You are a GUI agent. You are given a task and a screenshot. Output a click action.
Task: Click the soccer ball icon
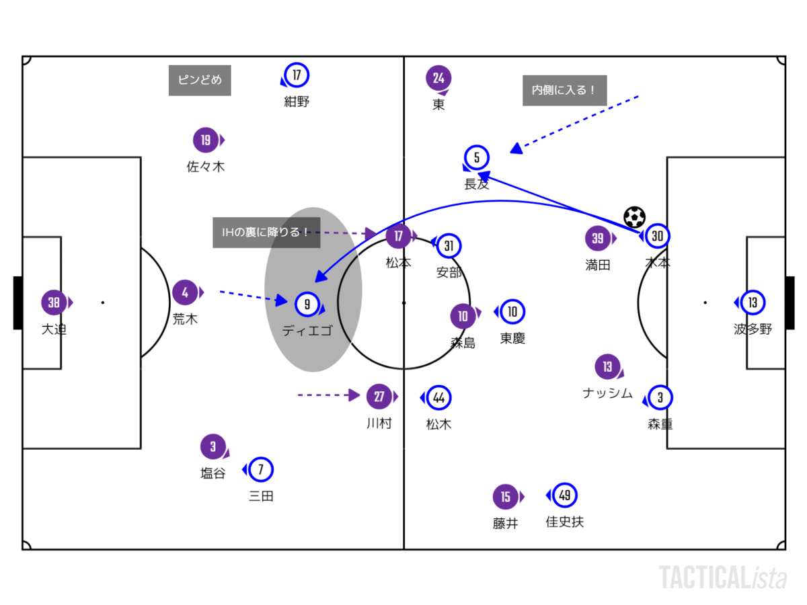click(634, 216)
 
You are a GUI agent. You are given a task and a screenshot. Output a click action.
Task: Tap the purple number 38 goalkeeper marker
click(54, 302)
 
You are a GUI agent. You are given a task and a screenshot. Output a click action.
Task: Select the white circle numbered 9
click(307, 304)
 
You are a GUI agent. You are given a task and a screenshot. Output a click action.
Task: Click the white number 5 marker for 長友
click(477, 158)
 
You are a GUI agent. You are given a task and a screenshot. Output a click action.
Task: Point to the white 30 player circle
click(658, 236)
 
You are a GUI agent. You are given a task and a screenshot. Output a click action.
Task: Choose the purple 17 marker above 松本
click(399, 237)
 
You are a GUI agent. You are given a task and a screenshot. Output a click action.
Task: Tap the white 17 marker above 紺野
click(297, 75)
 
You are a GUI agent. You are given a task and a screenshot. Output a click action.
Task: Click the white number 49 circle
click(565, 495)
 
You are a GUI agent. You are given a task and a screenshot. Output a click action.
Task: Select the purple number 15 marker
click(505, 497)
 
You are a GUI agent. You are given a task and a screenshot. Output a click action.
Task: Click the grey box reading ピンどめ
click(200, 80)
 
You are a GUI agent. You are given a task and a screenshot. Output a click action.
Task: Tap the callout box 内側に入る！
click(564, 90)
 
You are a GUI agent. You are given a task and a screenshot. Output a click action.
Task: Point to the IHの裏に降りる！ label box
click(266, 233)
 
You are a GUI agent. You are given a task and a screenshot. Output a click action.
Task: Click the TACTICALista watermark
click(722, 577)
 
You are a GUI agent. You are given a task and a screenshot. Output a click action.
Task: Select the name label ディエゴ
click(307, 330)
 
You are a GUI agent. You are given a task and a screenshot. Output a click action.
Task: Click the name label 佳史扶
click(564, 522)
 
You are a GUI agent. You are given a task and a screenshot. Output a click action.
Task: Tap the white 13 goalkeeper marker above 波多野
click(753, 302)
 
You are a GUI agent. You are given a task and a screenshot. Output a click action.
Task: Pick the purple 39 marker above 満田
click(598, 238)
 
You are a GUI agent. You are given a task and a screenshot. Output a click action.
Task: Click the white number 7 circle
click(261, 469)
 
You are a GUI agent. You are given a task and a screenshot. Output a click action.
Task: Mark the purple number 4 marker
click(185, 292)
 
